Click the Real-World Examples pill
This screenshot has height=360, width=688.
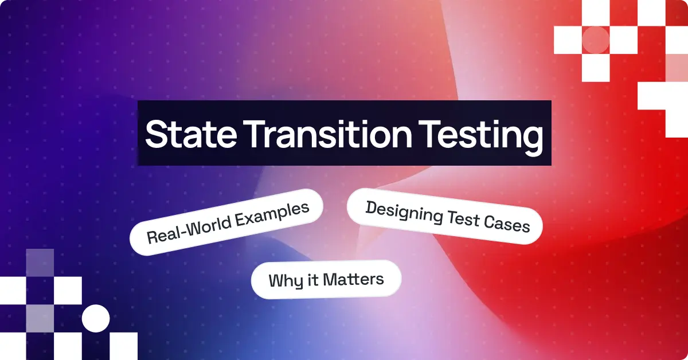[227, 221]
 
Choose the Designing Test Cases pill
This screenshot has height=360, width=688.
[445, 217]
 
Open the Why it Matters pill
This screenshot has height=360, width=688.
[326, 280]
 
